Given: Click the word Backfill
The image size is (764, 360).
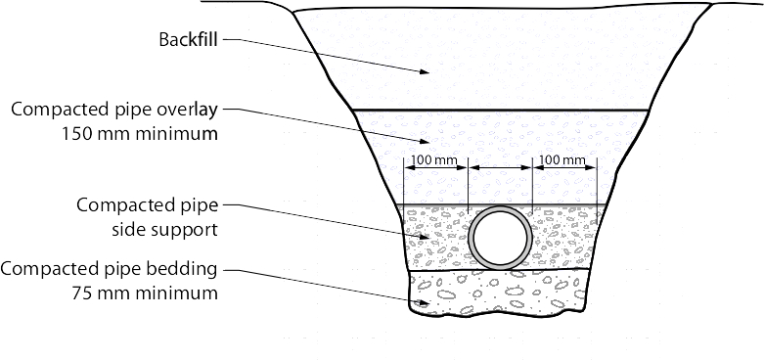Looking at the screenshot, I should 187,41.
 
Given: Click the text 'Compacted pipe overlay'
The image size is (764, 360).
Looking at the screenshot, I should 113,109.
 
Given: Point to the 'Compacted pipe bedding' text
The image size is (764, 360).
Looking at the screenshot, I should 110,268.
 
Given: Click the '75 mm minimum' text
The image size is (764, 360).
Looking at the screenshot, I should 145,292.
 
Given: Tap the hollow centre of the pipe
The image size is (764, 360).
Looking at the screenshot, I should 501,238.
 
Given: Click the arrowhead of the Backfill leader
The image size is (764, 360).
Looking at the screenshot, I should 426,71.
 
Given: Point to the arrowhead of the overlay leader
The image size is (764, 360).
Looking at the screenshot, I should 426,143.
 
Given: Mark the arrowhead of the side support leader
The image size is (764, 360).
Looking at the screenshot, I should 426,238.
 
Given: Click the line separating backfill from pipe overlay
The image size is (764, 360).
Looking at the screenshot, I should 499,110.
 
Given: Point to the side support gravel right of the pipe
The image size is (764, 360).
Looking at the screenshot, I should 567,240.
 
